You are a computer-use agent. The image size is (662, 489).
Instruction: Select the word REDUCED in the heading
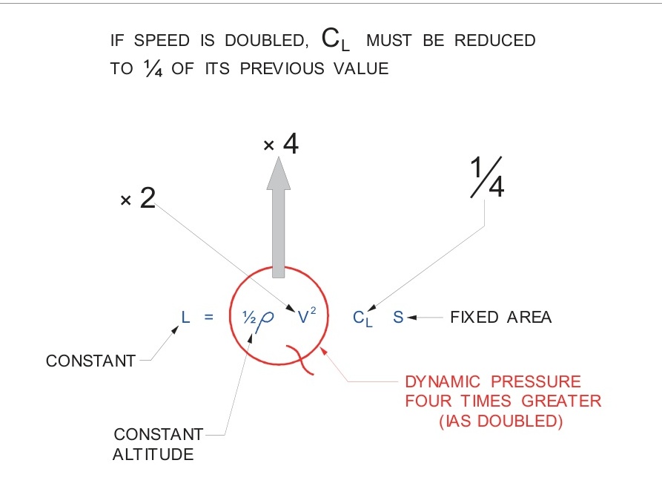494,42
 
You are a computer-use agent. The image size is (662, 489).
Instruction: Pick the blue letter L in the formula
185,318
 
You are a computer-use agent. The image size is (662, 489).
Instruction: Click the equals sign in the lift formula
209,318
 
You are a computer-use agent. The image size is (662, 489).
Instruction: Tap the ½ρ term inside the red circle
257,318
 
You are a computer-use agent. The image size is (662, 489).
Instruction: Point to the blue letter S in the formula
398,318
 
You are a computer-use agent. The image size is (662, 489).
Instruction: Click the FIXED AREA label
500,318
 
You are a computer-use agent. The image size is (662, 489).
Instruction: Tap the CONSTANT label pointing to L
90,361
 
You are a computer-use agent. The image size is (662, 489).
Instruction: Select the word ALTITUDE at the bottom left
153,454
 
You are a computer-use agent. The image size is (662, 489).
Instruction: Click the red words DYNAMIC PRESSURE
493,383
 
